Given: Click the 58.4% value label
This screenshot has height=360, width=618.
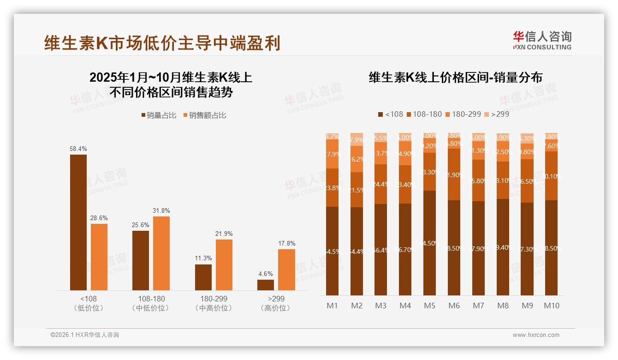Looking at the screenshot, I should click(x=78, y=149).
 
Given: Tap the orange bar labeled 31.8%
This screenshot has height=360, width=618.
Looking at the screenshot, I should click(x=161, y=253).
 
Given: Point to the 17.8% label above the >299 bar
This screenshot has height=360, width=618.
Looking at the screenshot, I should click(x=286, y=243).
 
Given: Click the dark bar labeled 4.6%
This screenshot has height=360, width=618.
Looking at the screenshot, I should click(x=266, y=285).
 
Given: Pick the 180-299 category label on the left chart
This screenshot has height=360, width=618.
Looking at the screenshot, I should click(x=214, y=299).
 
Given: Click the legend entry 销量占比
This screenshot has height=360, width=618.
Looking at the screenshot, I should click(x=159, y=115).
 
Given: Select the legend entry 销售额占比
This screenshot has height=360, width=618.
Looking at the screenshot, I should click(x=205, y=115).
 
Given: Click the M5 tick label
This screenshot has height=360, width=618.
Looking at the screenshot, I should click(x=429, y=306).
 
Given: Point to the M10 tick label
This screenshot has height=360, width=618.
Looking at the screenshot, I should click(x=551, y=306).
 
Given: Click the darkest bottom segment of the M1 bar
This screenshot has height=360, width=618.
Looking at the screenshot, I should click(x=332, y=251).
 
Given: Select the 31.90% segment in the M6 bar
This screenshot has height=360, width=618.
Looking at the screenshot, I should click(x=454, y=174).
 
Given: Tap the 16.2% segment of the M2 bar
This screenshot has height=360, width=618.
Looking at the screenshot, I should click(x=357, y=159).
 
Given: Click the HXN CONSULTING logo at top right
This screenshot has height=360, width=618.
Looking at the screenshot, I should click(x=542, y=40).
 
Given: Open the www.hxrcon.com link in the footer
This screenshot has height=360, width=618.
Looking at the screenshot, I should click(x=536, y=335).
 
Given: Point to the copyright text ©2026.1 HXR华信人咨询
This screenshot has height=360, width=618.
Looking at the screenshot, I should click(x=85, y=335).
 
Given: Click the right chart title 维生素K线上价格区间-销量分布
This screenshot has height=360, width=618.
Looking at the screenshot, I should click(x=455, y=78).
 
